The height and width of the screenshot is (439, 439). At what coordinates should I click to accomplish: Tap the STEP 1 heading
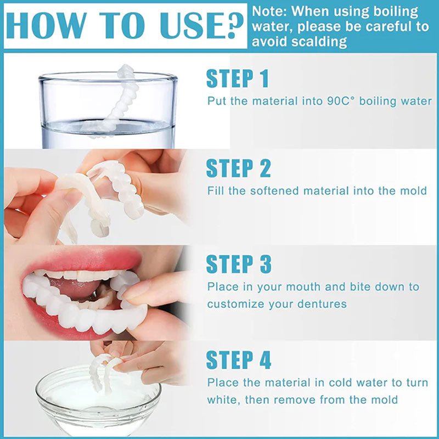(x=238, y=78)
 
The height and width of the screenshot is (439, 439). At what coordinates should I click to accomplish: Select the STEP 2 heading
(x=238, y=168)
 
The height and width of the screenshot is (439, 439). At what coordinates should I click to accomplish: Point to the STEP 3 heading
(x=239, y=264)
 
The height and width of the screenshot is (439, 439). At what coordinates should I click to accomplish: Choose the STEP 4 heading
(x=239, y=360)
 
